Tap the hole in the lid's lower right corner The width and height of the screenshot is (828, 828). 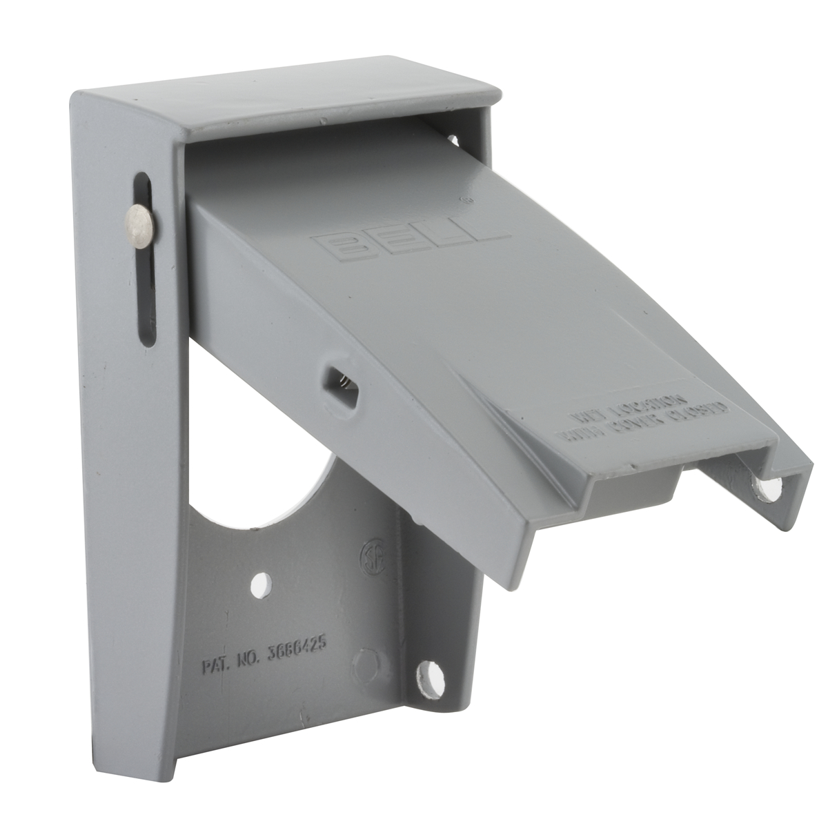click(x=769, y=489)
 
